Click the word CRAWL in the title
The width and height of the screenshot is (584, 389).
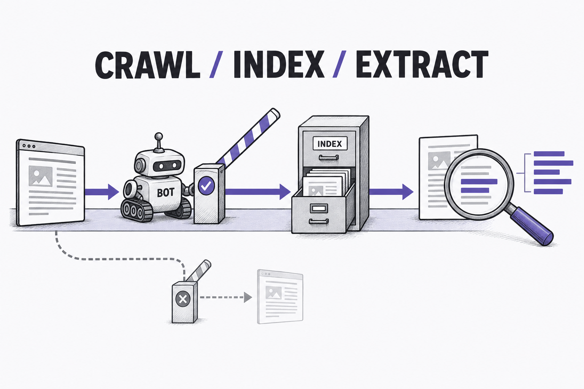(x=148, y=65)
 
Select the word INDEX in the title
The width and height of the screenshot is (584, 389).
(x=279, y=65)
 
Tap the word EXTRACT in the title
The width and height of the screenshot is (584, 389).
(x=422, y=65)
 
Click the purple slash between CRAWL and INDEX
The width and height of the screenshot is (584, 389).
(x=216, y=65)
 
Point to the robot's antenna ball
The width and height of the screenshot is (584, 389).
(x=158, y=136)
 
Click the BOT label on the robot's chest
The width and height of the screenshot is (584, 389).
(x=165, y=193)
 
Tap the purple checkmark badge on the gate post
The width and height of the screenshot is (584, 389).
(x=206, y=185)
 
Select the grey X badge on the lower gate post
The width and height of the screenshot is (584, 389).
(x=183, y=299)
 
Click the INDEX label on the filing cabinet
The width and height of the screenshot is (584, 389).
(x=330, y=144)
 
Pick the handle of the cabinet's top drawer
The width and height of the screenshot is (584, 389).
(x=329, y=157)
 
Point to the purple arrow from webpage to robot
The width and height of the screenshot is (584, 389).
(x=102, y=192)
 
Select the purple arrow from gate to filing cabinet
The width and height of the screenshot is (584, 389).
(x=258, y=192)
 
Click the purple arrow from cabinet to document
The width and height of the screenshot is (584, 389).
(x=391, y=192)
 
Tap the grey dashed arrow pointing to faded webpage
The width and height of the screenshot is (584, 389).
(x=226, y=297)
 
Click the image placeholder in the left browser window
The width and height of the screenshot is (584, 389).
(x=40, y=176)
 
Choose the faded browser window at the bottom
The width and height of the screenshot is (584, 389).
(x=280, y=297)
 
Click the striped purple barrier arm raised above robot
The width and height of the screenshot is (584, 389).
(x=248, y=136)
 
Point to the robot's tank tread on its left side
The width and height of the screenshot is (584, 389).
(x=137, y=210)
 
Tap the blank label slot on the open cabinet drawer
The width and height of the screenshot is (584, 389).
(x=319, y=209)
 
